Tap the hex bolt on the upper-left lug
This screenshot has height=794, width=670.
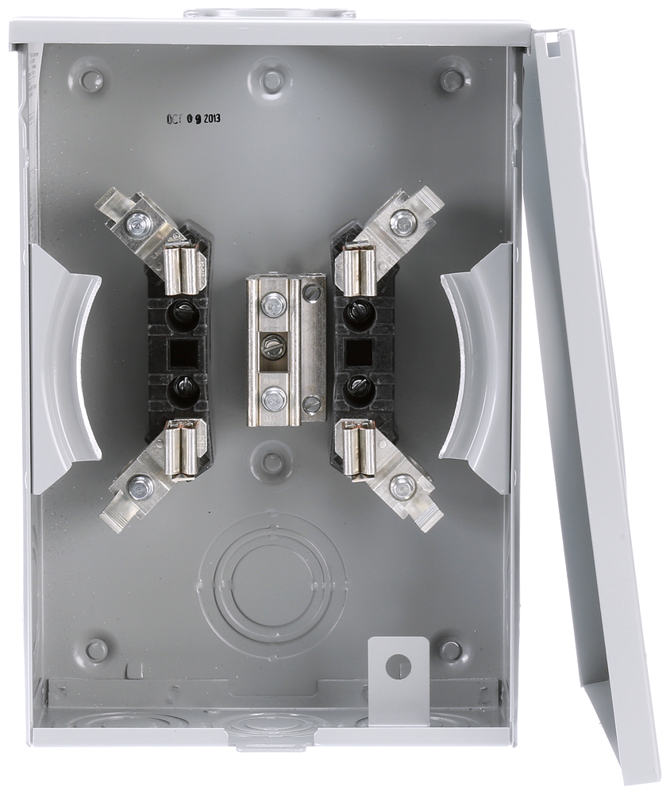tap(140, 224)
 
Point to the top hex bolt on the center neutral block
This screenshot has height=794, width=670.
tap(274, 303)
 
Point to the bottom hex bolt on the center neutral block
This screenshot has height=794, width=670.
tap(274, 399)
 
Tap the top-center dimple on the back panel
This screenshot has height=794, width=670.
tap(272, 80)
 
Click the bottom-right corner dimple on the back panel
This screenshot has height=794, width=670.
tap(451, 650)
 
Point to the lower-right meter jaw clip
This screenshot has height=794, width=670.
tap(356, 448)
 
